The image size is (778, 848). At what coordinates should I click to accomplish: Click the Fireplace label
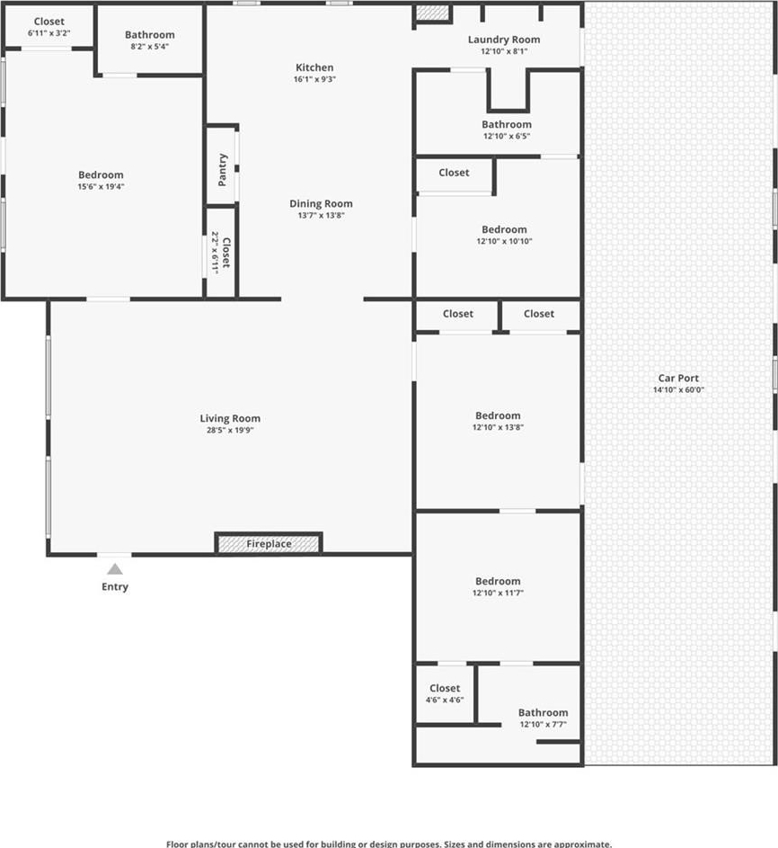pyautogui.click(x=269, y=543)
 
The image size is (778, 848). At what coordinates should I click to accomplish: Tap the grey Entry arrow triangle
pyautogui.click(x=114, y=569)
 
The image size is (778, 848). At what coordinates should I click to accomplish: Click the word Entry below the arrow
pyautogui.click(x=115, y=587)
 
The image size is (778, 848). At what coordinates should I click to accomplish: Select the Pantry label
pyautogui.click(x=222, y=170)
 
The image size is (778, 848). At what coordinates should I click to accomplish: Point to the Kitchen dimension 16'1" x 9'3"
pyautogui.click(x=314, y=79)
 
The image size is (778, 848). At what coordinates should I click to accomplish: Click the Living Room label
pyautogui.click(x=230, y=418)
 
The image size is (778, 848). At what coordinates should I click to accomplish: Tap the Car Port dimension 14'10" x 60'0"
pyautogui.click(x=678, y=389)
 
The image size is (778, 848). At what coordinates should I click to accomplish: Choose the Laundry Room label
pyautogui.click(x=504, y=40)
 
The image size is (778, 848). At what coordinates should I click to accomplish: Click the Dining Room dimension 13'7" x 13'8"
pyautogui.click(x=321, y=215)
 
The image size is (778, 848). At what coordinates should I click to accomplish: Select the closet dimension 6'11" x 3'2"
pyautogui.click(x=49, y=33)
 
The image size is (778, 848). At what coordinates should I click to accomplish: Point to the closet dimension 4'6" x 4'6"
pyautogui.click(x=445, y=700)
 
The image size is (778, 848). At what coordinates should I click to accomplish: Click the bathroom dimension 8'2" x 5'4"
pyautogui.click(x=150, y=47)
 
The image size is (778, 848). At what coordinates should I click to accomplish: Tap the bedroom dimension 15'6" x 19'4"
pyautogui.click(x=101, y=186)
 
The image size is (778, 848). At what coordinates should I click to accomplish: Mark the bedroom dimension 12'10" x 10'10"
pyautogui.click(x=504, y=241)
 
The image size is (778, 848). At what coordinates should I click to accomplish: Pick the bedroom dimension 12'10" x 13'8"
pyautogui.click(x=498, y=427)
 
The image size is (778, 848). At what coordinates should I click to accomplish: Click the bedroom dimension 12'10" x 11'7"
pyautogui.click(x=498, y=593)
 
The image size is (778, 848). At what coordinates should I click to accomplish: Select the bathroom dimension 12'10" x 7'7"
pyautogui.click(x=543, y=724)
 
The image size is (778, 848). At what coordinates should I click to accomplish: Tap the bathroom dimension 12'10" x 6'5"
pyautogui.click(x=507, y=137)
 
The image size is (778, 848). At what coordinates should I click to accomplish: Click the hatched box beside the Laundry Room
pyautogui.click(x=433, y=13)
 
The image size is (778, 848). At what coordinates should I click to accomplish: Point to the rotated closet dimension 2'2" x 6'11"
pyautogui.click(x=215, y=253)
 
